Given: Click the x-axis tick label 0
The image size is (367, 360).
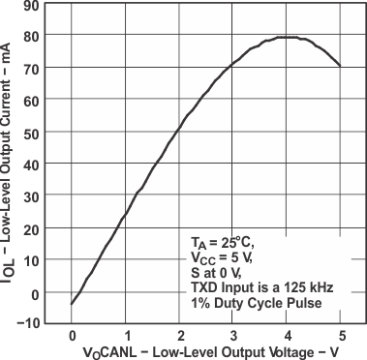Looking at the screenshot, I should click(72, 336).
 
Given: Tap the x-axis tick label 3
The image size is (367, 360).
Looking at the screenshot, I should click(233, 336).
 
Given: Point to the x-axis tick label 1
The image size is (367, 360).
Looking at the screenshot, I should click(126, 336).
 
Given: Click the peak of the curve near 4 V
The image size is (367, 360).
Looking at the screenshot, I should click(287, 38).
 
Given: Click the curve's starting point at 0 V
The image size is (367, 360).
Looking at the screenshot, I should click(72, 304).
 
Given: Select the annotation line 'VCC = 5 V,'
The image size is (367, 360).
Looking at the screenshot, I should click(222, 258).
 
